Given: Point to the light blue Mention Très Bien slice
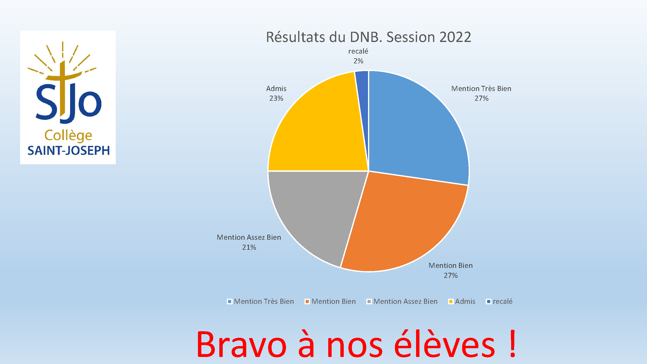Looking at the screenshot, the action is tap(417, 126).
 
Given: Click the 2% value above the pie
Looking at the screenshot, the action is tap(358, 61).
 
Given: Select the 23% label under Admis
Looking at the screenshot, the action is tap(276, 98).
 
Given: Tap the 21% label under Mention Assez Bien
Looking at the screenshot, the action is tap(249, 247).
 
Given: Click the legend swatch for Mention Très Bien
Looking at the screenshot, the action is tap(229, 301).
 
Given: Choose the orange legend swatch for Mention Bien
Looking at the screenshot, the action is tap(307, 301).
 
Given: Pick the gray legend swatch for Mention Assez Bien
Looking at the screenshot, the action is tap(369, 301).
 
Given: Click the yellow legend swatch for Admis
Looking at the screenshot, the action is tap(451, 301).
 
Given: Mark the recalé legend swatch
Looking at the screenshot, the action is tap(489, 301).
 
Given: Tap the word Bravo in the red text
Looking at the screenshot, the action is tap(241, 344).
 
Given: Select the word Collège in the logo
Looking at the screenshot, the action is tap(68, 136).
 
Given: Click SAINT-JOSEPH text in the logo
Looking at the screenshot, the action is tap(69, 150).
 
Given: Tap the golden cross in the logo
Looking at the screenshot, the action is tap(63, 91).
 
